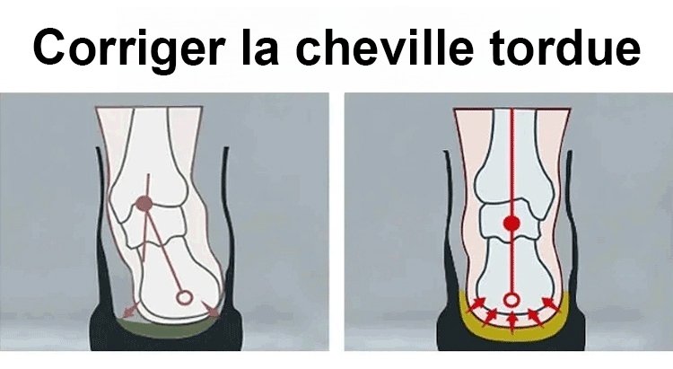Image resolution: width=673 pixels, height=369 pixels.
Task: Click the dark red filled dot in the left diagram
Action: click(x=144, y=204)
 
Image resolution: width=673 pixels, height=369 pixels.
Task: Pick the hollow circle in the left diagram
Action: click(x=185, y=297)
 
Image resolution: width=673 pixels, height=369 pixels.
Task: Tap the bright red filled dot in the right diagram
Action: click(x=511, y=223)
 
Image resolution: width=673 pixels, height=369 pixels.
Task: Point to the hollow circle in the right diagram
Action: click(x=511, y=299)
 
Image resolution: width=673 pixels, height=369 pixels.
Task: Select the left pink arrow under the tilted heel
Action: click(x=130, y=310)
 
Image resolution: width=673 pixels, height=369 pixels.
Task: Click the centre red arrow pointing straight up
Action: click(x=511, y=322)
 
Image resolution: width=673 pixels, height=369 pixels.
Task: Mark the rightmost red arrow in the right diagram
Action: click(x=551, y=303)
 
